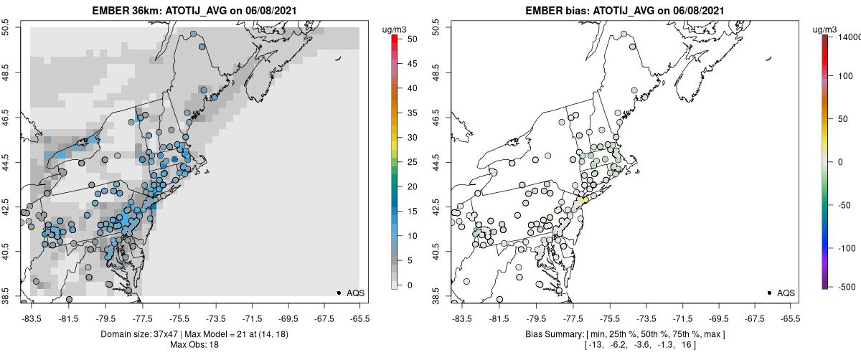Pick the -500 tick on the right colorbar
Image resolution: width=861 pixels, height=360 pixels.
coord(844,286)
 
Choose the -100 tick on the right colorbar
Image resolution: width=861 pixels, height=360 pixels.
coord(844,248)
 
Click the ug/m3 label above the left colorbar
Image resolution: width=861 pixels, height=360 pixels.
coord(395,29)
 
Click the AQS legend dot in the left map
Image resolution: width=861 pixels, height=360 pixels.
coord(339,293)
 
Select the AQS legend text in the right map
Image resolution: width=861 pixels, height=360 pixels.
coord(786,293)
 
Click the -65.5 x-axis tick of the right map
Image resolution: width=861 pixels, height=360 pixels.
coord(789,318)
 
